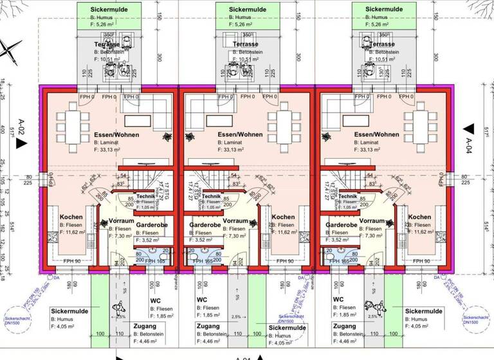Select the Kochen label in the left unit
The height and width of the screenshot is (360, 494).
point(71,217)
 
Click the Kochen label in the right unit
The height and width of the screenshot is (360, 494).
point(419,217)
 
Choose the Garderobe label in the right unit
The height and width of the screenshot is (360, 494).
point(342,226)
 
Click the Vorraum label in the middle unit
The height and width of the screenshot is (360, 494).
point(235,221)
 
